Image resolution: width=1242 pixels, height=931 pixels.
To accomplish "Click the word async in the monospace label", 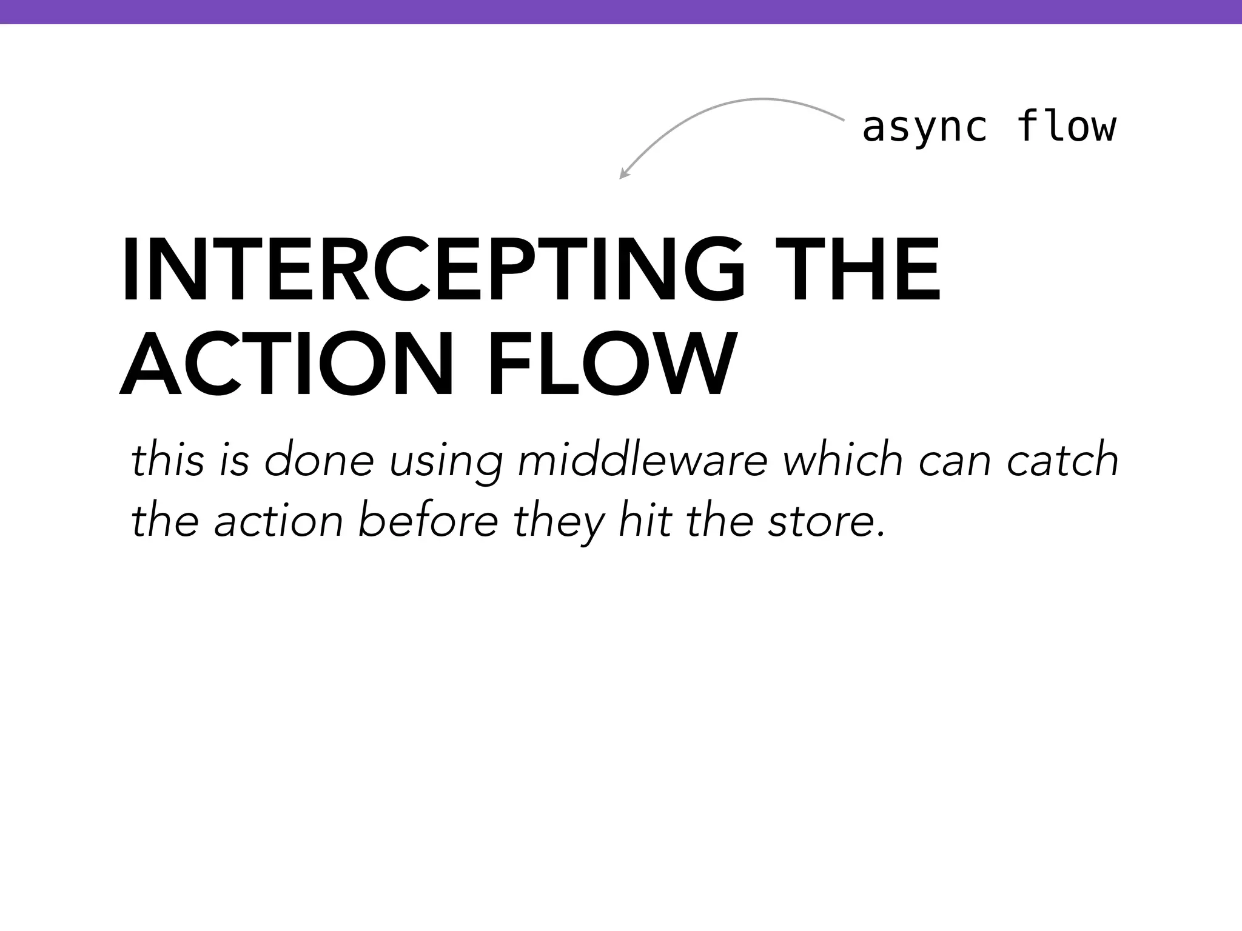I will [924, 128].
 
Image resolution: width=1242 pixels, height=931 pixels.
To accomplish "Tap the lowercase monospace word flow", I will [1066, 127].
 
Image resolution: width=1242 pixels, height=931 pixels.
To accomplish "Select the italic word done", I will [319, 460].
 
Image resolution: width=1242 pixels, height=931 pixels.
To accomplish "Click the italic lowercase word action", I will [279, 521].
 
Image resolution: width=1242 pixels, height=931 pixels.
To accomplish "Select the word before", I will [428, 521].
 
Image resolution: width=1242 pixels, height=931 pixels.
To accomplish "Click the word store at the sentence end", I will [822, 521].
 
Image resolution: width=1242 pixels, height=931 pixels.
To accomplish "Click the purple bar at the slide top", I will [621, 12].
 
